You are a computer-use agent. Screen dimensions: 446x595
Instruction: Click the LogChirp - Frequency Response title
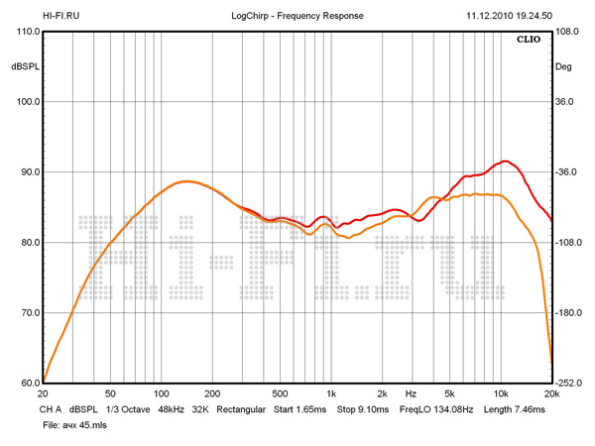pos(297,16)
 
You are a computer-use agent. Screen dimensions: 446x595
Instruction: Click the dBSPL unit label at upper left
pos(23,67)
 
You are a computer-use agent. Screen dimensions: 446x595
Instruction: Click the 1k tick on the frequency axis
pos(331,393)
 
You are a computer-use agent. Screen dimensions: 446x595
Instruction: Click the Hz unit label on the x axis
pos(411,393)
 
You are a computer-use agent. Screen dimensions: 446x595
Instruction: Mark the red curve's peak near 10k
pos(506,161)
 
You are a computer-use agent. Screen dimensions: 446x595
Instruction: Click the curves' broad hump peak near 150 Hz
pos(185,181)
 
